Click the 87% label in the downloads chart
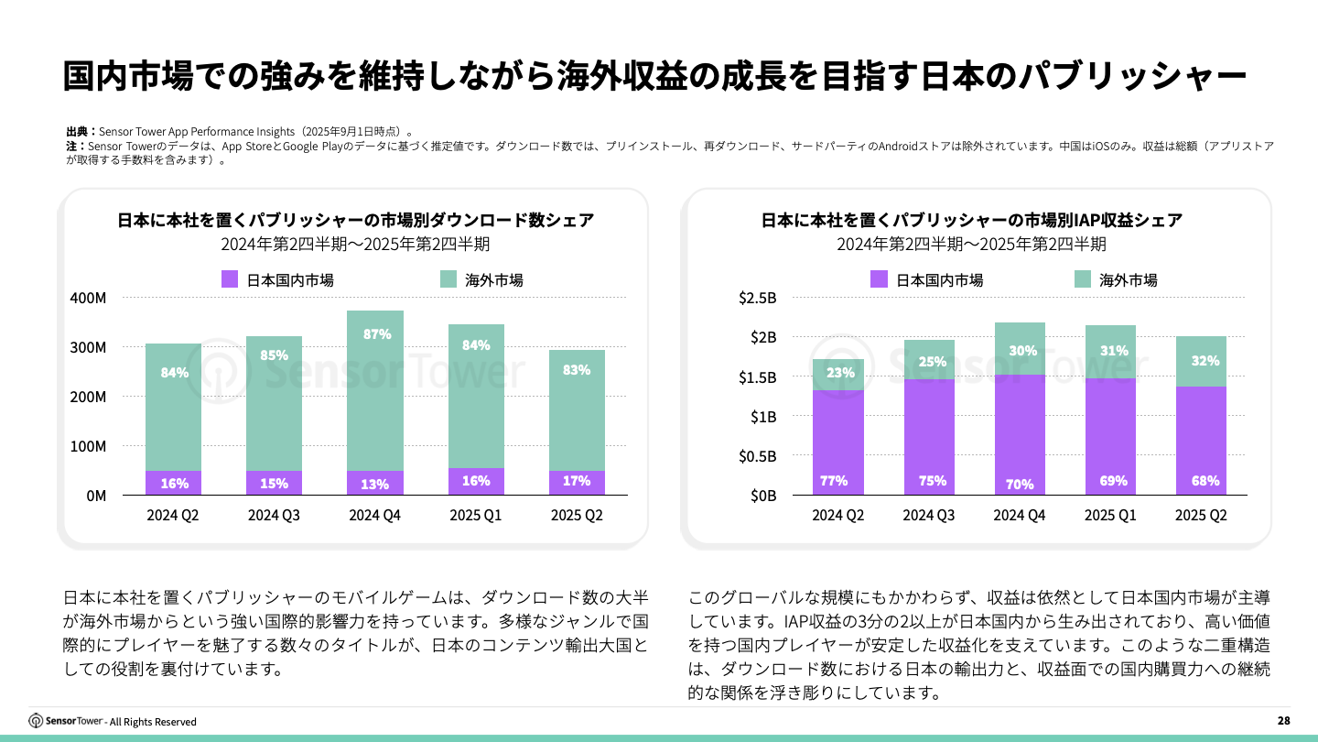pos(375,334)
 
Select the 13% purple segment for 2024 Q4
pos(375,483)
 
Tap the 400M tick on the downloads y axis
pos(88,299)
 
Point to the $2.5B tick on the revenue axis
pos(757,299)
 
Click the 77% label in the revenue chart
pos(834,480)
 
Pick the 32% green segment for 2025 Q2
pos(1201,361)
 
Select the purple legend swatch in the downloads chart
pos(230,279)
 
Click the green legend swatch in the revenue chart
pos(1083,279)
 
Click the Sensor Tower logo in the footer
pos(67,721)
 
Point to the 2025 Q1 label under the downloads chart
pos(476,515)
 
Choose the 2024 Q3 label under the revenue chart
pos(928,515)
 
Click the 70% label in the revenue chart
pos(1020,484)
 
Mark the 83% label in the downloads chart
pos(577,370)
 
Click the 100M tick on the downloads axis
pos(88,446)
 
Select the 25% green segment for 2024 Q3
pos(928,360)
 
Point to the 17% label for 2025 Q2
pos(577,480)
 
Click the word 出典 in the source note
pos(77,131)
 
